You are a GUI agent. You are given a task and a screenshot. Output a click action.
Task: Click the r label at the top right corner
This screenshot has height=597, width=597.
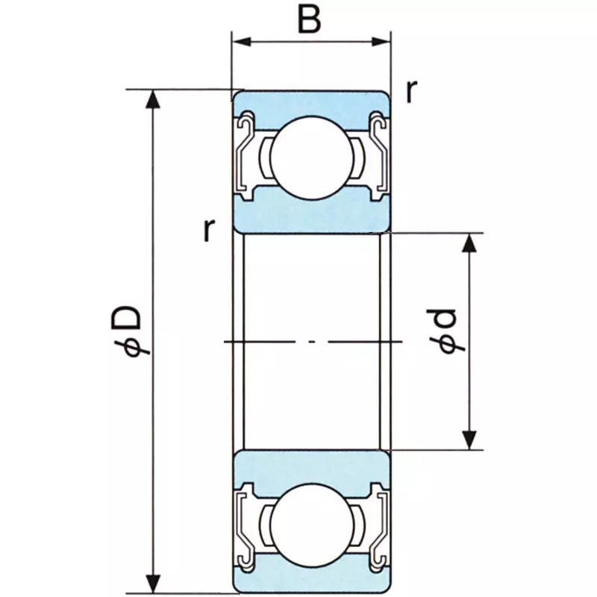pyautogui.click(x=411, y=91)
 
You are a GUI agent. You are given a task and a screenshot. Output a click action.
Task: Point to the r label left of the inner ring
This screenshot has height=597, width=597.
pyautogui.click(x=207, y=231)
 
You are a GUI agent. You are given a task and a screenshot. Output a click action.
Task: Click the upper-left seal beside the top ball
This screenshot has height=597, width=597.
pyautogui.click(x=245, y=153)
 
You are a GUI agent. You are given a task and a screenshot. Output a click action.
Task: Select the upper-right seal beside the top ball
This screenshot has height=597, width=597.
pyautogui.click(x=378, y=153)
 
